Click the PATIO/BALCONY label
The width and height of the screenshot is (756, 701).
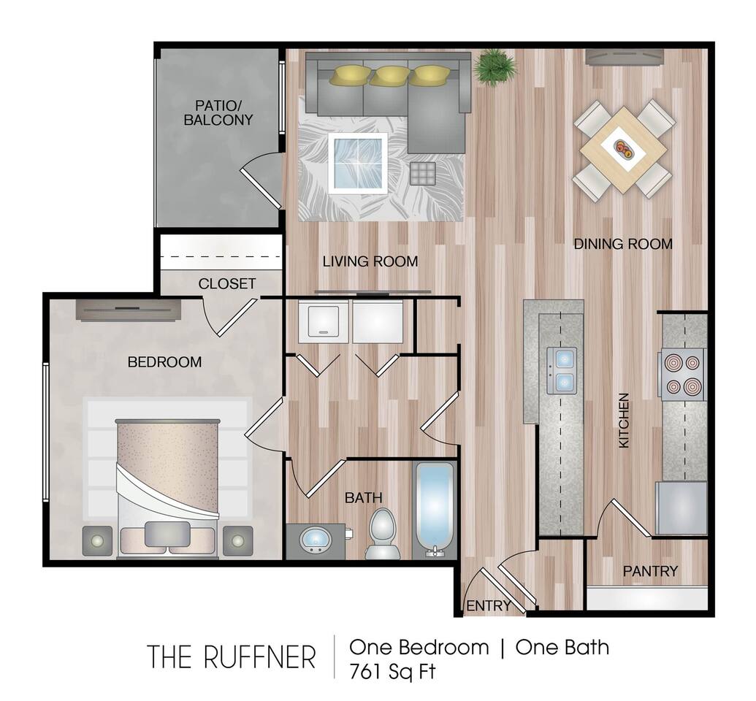pos(218,112)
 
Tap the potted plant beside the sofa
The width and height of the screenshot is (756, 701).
pos(495,66)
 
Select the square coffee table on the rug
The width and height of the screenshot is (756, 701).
pos(357,163)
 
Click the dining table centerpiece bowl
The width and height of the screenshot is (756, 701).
pos(623,149)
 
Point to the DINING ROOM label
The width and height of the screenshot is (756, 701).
pos(622,244)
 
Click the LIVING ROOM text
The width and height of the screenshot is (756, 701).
pos(370,261)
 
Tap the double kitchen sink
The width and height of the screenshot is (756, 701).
pos(562,370)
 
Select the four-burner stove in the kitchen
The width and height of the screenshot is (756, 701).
pos(681,374)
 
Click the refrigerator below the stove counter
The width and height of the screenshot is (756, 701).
pos(681,508)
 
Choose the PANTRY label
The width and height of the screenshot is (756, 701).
pos(650,571)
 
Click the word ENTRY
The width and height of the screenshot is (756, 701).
pos(488,606)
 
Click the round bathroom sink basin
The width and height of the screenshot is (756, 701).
pos(316,541)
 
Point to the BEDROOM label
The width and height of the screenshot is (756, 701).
pos(164,361)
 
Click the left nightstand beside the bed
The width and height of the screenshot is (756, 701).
pos(97,541)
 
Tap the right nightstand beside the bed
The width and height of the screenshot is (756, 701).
pos(237,541)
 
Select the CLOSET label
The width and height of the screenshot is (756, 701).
pos(227,283)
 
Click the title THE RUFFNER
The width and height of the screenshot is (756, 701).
pos(232,656)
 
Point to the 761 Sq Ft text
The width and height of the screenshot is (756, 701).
pos(392,670)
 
